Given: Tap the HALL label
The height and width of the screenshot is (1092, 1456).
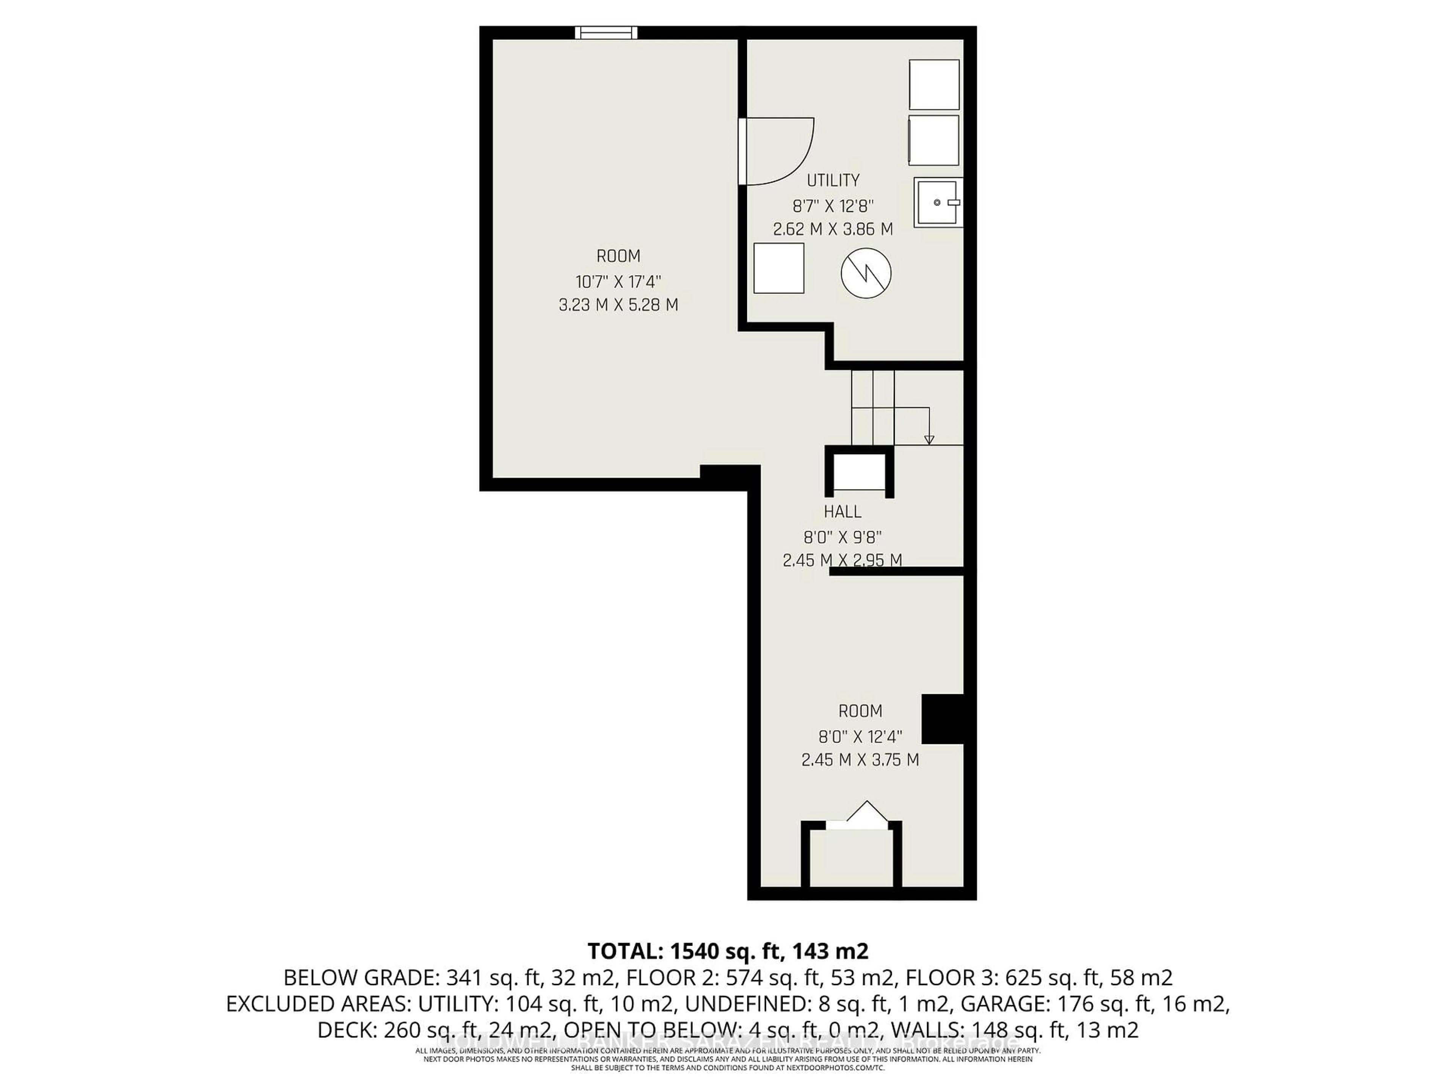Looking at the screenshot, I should click(x=843, y=511).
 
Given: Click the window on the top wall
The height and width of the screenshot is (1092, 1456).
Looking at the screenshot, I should click(x=606, y=32).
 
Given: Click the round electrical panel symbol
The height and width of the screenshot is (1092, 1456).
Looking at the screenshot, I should click(x=866, y=273).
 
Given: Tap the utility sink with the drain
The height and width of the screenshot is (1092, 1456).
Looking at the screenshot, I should click(x=937, y=203).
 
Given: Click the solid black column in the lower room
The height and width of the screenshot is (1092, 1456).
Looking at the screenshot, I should click(x=943, y=719).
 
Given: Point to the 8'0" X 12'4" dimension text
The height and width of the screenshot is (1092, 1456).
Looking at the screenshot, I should click(x=860, y=736).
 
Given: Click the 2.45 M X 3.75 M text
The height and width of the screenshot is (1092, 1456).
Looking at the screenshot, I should click(x=860, y=759).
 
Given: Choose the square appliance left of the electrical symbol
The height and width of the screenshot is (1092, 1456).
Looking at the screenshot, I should click(x=779, y=268).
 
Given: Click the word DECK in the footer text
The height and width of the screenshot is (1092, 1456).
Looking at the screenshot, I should click(x=341, y=1030).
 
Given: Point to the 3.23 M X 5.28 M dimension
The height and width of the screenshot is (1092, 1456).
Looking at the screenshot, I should click(x=618, y=305).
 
